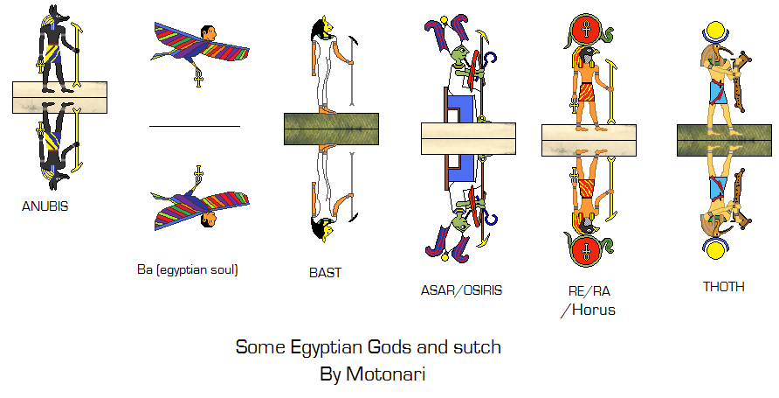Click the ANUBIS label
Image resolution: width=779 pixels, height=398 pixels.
click(45, 207)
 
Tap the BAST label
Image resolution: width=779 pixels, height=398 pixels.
click(325, 273)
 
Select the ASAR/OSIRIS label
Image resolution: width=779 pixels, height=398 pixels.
click(461, 290)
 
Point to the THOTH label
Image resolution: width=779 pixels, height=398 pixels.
click(723, 286)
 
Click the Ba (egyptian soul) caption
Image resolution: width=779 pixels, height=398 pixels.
click(188, 269)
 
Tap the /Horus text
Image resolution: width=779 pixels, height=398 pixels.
click(589, 310)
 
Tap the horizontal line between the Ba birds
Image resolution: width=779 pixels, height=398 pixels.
click(194, 127)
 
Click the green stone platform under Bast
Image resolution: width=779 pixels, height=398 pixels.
click(331, 129)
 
